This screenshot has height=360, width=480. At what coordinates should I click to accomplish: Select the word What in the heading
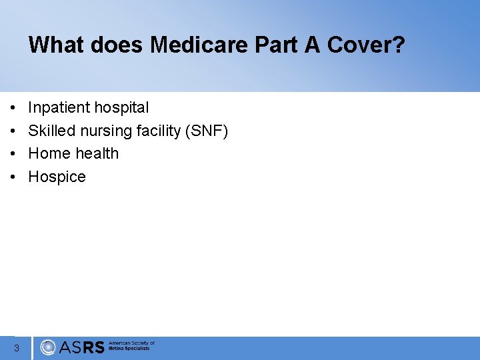pos(54,45)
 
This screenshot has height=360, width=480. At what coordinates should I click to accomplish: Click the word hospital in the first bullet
pos(121,107)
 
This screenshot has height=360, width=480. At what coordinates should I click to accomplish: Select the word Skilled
pos(51,131)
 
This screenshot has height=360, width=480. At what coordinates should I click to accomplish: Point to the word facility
pos(160,131)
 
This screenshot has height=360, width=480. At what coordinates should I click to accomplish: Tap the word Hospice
pos(57,177)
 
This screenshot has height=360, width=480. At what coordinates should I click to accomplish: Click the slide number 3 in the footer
pos(16,347)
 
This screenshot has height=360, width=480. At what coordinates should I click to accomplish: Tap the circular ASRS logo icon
pos(48,347)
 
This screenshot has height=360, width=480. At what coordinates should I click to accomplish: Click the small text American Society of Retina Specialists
pos(131,346)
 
